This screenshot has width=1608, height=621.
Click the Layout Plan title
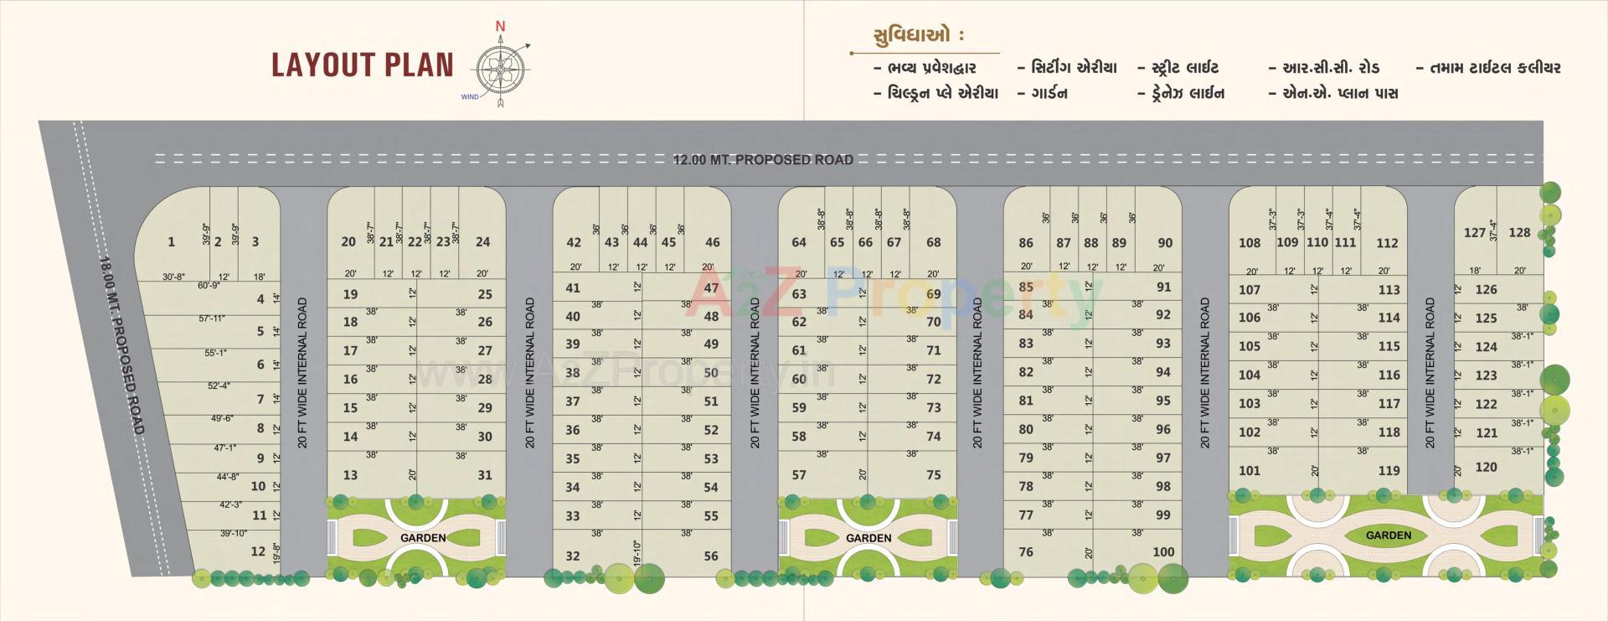(362, 65)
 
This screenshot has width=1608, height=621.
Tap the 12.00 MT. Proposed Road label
(763, 159)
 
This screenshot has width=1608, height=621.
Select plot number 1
(171, 242)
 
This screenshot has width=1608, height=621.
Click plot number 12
(258, 551)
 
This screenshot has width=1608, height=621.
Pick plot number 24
(482, 242)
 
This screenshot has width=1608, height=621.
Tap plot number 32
(572, 556)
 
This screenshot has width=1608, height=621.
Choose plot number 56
(711, 556)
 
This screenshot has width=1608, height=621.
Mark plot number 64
(799, 243)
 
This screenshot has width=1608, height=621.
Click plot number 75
(934, 474)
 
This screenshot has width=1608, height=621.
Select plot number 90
(1165, 243)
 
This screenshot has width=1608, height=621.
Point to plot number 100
(1163, 551)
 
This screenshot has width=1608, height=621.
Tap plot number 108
(1250, 243)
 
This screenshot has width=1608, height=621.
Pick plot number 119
(1389, 470)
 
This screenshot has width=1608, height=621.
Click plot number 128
(1519, 233)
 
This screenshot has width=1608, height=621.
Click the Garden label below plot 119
(1389, 535)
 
